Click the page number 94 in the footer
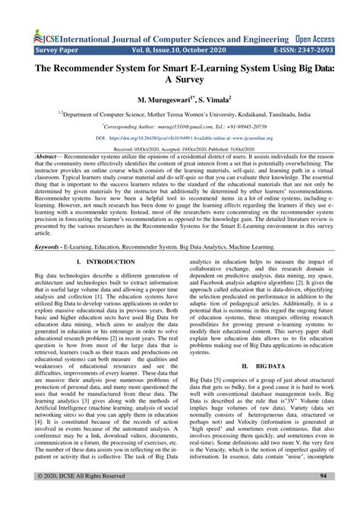(x=323, y=497)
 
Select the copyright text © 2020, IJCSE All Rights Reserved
(x=68, y=497)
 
